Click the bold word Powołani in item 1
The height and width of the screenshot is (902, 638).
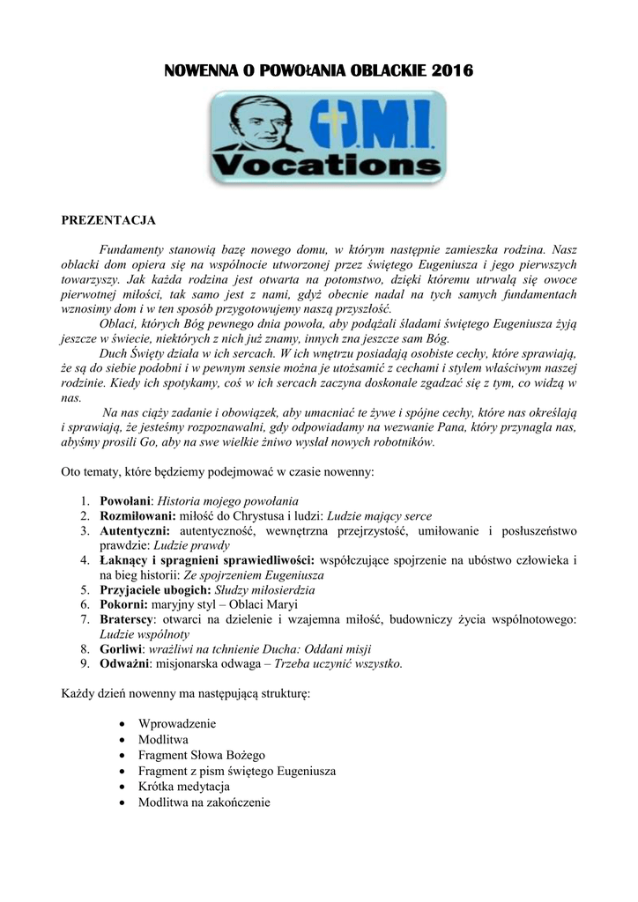point(126,499)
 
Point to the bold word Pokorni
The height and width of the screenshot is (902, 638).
point(123,604)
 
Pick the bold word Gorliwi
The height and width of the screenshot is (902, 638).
point(122,649)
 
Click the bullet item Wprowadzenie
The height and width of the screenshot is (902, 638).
point(177,724)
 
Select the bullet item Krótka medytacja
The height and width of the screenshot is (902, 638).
point(184,787)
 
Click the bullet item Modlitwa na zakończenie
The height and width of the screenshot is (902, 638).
point(204,802)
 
